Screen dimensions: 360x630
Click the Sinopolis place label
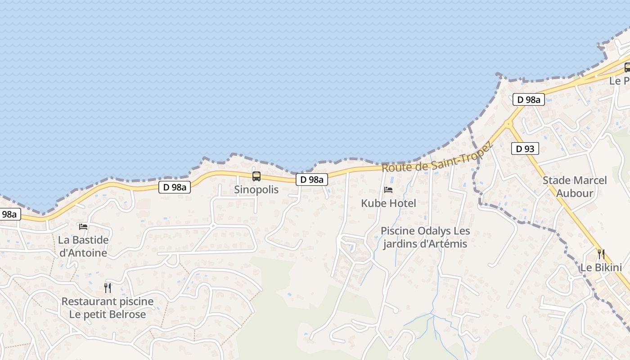click(256, 189)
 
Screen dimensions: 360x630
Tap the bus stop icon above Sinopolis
click(256, 176)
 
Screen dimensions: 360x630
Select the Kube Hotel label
click(388, 203)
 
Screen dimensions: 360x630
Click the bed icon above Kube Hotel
click(388, 190)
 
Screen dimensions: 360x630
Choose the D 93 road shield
click(525, 148)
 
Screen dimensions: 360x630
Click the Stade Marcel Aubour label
click(575, 187)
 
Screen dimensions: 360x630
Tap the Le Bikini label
click(601, 268)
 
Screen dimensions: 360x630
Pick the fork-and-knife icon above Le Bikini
click(601, 254)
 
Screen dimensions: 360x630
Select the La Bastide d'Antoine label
click(83, 246)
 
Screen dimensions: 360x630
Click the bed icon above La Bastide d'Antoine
click(83, 226)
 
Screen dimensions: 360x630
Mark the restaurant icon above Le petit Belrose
click(108, 288)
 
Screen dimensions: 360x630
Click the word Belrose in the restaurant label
click(127, 314)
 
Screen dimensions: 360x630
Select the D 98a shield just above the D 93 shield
click(528, 100)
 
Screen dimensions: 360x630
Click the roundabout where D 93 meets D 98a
click(509, 123)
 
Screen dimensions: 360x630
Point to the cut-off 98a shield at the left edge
click(9, 215)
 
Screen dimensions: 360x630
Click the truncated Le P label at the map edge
click(620, 81)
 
